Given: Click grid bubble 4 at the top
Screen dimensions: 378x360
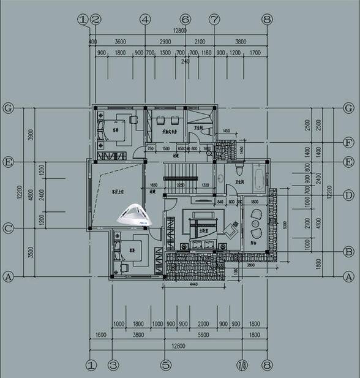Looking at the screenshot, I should coord(145,19).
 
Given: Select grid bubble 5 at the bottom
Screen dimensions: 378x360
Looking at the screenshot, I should coord(166,365).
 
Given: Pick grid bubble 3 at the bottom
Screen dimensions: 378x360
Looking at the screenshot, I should coord(113,365).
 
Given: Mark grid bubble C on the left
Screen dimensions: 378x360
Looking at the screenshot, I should coord(9,229).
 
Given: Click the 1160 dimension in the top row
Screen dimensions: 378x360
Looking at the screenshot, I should coord(206,53).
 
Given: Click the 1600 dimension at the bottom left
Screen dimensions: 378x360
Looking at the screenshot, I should coord(102,335).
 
